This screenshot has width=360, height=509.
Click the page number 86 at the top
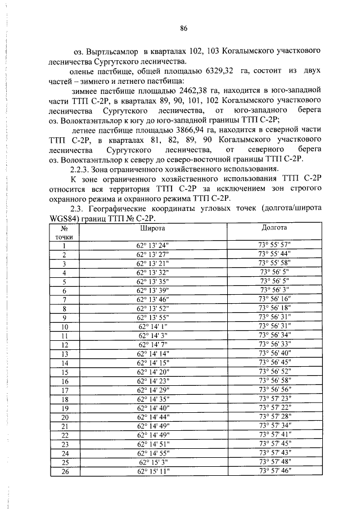183,28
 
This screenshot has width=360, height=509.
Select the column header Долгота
274,228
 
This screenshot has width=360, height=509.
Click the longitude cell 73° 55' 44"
274,254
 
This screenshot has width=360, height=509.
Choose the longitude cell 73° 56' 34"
274,335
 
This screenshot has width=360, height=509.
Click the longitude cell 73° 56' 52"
274,372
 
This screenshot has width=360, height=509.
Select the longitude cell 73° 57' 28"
274,417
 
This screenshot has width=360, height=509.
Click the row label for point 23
65,444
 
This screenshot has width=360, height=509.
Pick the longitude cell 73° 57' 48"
274,462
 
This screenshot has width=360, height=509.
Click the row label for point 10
65,326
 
